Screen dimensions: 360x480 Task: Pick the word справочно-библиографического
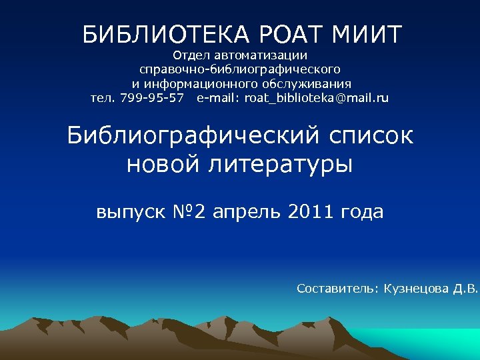coord(240,69)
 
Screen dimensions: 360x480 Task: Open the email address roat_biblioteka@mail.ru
coord(316,99)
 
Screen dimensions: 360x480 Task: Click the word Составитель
coord(337,289)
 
